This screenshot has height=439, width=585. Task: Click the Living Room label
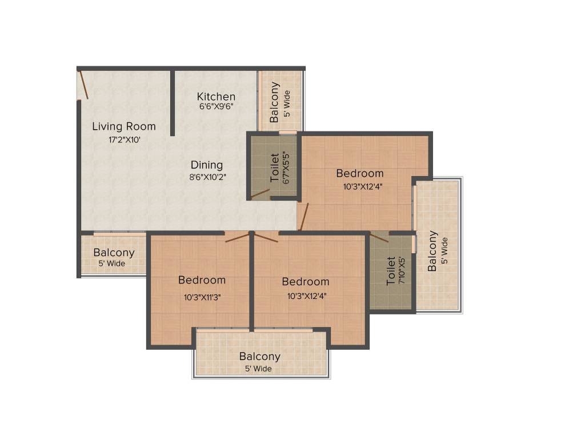point(124,126)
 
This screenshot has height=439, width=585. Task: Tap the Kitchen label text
point(216,96)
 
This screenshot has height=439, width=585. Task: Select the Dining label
point(207,165)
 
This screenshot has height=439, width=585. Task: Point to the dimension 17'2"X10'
point(124,139)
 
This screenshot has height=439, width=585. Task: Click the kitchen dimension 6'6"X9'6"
point(216,106)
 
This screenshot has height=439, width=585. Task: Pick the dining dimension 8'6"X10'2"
point(209,177)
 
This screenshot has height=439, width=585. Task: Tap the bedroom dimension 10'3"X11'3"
point(202,297)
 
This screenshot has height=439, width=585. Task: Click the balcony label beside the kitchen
point(275,102)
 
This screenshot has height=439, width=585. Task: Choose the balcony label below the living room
point(114,253)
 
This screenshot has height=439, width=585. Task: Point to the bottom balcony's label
point(260,357)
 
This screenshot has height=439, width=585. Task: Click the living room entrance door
point(83,85)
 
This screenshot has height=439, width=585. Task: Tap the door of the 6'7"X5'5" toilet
point(260,193)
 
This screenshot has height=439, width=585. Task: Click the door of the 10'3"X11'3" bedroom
point(237,237)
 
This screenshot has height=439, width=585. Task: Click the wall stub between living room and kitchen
point(172,103)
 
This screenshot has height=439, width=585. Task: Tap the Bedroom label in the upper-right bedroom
point(359,173)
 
